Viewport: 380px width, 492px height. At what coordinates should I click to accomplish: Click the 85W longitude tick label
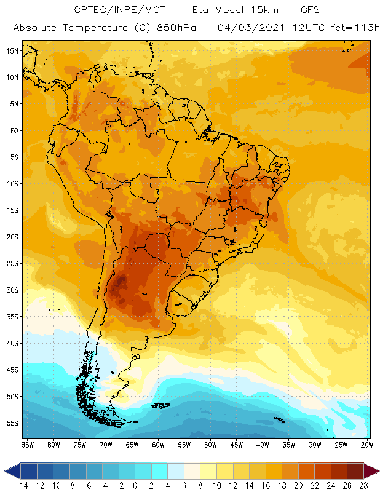pyautogui.click(x=27, y=444)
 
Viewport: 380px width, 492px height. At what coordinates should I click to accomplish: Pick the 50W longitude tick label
pyautogui.click(x=211, y=444)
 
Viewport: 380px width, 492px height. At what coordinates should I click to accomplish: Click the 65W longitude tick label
pyautogui.click(x=132, y=444)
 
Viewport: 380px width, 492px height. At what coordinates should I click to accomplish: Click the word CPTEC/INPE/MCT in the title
pyautogui.click(x=111, y=10)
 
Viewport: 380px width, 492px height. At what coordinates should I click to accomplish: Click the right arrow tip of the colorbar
pyautogui.click(x=376, y=471)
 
